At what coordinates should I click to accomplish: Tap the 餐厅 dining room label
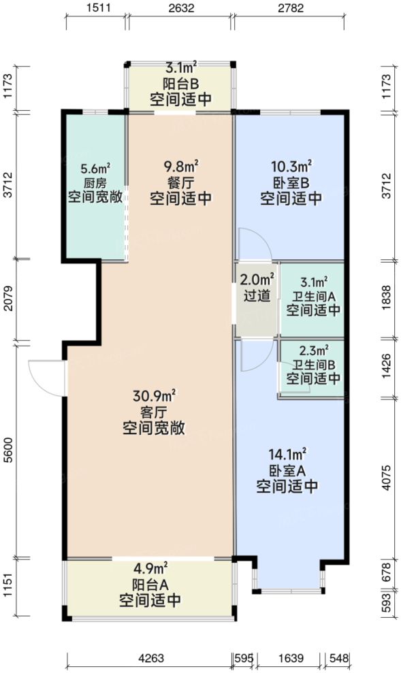180,182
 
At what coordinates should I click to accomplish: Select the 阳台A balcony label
150,585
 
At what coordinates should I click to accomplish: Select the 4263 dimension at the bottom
150,658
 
